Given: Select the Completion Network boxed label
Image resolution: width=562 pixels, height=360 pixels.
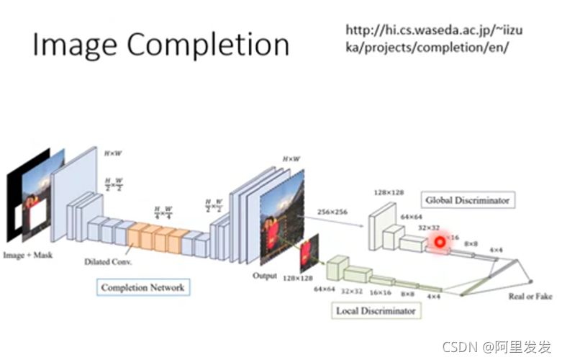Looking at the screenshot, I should pos(142,287).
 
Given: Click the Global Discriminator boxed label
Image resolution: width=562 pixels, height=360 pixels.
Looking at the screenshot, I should pos(467,199).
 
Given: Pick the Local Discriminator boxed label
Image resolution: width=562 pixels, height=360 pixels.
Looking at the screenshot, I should pos(376,311).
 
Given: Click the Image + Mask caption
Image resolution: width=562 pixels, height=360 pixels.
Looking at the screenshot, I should pos(28,255).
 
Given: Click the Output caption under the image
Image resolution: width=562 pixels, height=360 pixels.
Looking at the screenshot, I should pos(265,275).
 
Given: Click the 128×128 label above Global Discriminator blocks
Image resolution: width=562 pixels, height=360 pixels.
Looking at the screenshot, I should pos(388,193).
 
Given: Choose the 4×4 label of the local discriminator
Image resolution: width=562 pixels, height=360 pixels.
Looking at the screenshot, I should pos(432,295).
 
